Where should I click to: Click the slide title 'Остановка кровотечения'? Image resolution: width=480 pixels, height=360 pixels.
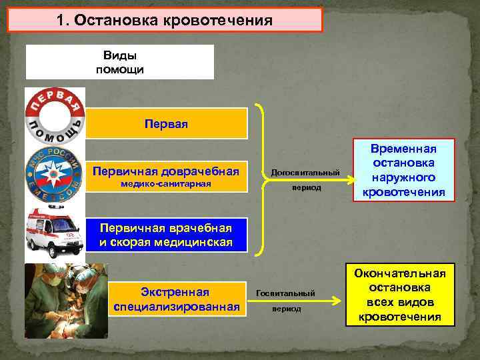[x=174, y=20]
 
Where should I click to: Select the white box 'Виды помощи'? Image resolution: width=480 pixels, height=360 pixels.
[x=120, y=62]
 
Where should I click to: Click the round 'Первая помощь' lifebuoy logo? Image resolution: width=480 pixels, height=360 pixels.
[x=55, y=118]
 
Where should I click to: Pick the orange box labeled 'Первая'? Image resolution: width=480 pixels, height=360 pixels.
[x=167, y=124]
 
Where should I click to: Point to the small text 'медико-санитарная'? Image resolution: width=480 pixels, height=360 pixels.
[x=167, y=184]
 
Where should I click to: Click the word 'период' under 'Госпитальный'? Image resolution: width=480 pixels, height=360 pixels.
[x=287, y=309]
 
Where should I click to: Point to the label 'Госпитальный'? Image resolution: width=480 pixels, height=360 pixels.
[x=286, y=293]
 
